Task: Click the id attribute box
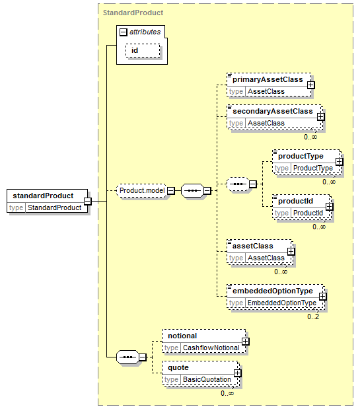click(143, 50)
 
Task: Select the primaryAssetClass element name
click(268, 79)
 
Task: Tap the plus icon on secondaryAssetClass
click(320, 116)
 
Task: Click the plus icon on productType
click(339, 162)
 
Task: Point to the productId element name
click(296, 201)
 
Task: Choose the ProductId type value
click(308, 213)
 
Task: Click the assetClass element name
click(253, 246)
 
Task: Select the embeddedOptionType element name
click(273, 291)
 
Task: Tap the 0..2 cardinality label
click(313, 316)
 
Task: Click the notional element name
click(182, 336)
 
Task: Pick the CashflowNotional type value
click(211, 348)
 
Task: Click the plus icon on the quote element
click(237, 373)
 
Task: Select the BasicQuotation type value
click(207, 379)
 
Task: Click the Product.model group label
click(142, 190)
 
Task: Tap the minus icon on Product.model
click(170, 191)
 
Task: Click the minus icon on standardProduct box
click(88, 201)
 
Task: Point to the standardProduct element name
click(44, 196)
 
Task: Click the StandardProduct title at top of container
click(133, 13)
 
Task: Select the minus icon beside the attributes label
click(123, 32)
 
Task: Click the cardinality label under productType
click(329, 182)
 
